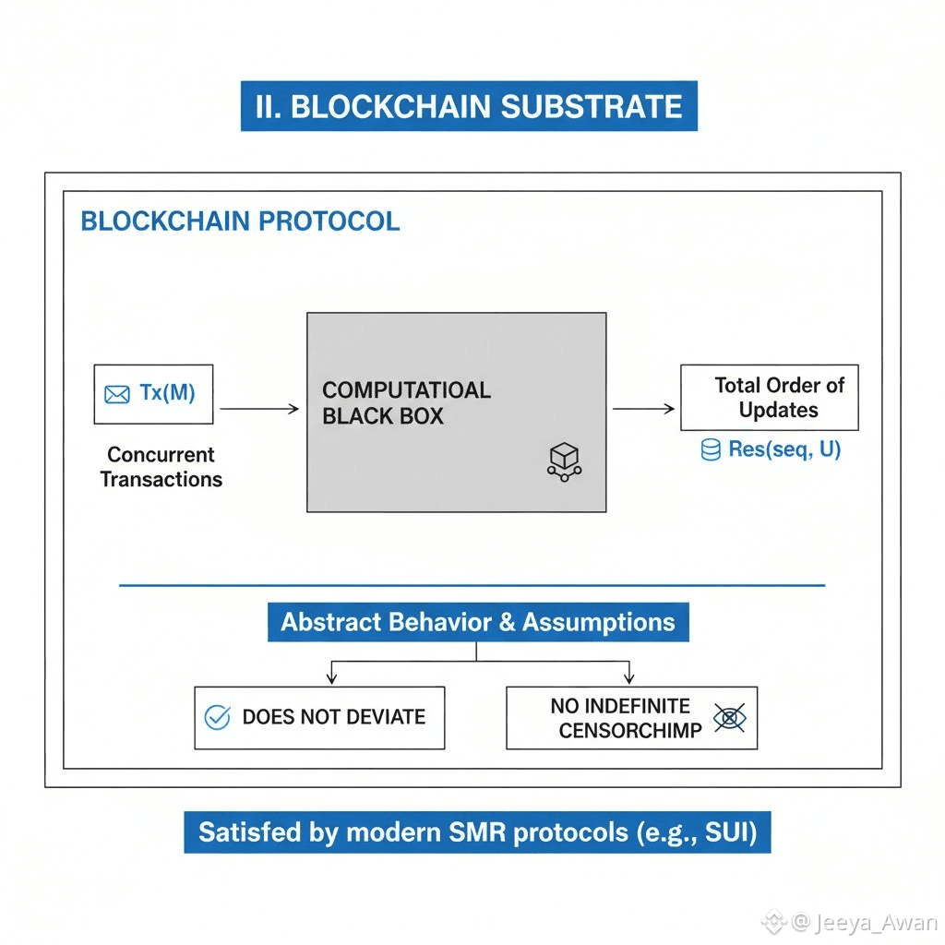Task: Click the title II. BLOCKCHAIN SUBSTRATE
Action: click(x=469, y=106)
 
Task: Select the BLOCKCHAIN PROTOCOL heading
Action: click(x=240, y=221)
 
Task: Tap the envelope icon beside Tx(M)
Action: click(x=117, y=394)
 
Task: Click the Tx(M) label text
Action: click(x=167, y=393)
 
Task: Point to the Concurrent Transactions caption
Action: click(x=161, y=467)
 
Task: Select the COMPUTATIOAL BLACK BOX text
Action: click(x=406, y=403)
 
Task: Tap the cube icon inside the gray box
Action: click(x=562, y=461)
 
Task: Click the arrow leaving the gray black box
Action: click(x=643, y=408)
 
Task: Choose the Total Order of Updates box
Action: click(x=769, y=398)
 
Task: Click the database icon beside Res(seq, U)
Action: click(x=711, y=450)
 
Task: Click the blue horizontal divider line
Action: click(x=472, y=585)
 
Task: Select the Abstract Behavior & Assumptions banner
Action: click(x=477, y=622)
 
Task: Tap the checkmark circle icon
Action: click(x=217, y=717)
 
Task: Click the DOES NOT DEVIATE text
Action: click(x=333, y=717)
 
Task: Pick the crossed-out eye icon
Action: click(x=729, y=718)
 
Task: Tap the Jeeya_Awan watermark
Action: click(x=863, y=923)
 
